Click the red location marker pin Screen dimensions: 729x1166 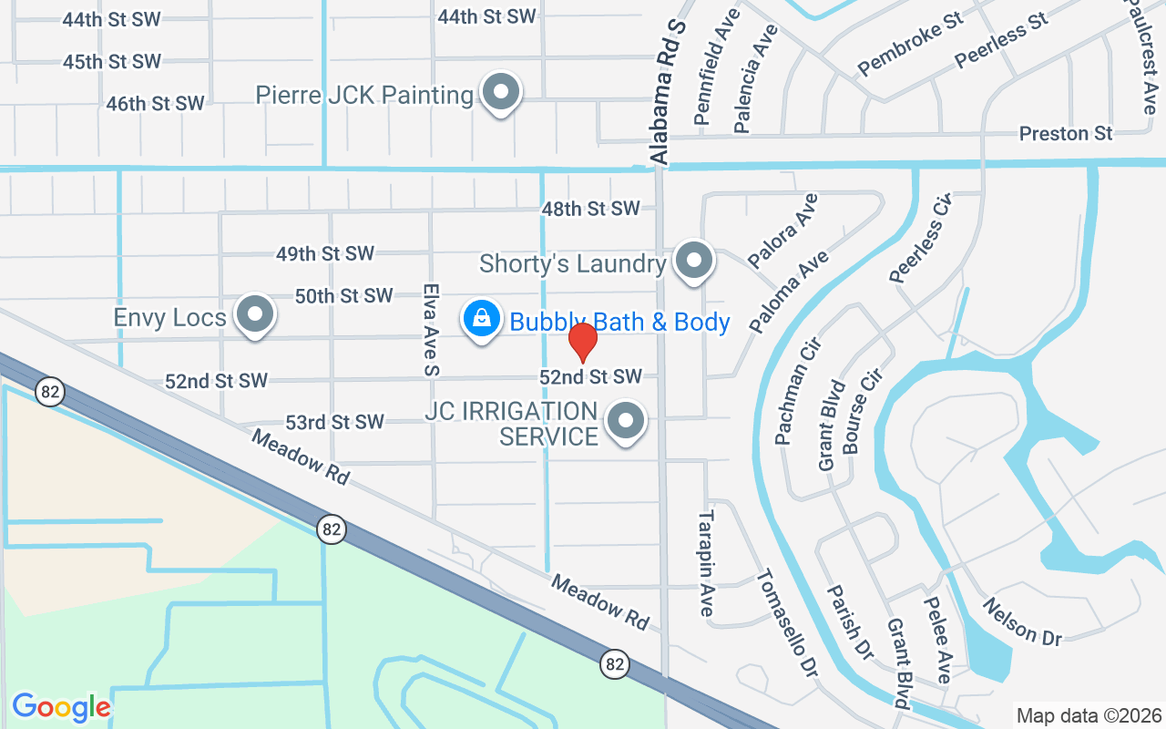pos(582,341)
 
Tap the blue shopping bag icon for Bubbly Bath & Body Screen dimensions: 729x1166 pos(480,319)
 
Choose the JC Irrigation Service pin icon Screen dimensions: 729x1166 pos(626,420)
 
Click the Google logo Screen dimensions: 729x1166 pos(61,707)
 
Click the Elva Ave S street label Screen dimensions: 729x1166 pos(430,329)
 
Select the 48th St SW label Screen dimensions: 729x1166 pos(591,209)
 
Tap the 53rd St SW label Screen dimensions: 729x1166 pos(334,422)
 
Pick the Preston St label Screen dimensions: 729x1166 pos(1066,133)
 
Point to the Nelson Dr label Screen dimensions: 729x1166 pos(1022,622)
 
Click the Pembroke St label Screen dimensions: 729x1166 pos(910,45)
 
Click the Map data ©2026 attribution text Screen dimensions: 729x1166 pos(1089,715)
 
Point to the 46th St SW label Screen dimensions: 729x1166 pos(155,104)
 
